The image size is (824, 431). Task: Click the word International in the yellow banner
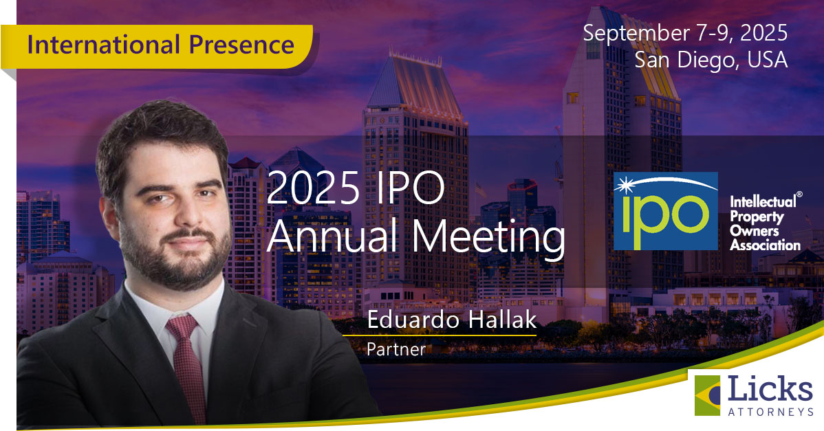tap(104, 45)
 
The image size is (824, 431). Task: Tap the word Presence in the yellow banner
tap(241, 45)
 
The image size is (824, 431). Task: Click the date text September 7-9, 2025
tap(685, 33)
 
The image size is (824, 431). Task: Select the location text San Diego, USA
tap(711, 59)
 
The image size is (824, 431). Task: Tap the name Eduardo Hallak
tap(451, 320)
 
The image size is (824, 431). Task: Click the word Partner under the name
tap(396, 349)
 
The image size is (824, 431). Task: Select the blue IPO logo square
tap(665, 211)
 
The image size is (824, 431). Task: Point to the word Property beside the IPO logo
tap(757, 217)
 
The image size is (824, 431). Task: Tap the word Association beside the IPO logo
tap(765, 245)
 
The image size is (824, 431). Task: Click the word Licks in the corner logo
tap(770, 390)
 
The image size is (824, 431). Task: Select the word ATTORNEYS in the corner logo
tap(770, 412)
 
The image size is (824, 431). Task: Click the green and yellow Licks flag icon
tap(707, 395)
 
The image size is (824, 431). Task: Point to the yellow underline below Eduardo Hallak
tap(440, 335)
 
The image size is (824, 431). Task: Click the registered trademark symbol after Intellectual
tap(799, 195)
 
